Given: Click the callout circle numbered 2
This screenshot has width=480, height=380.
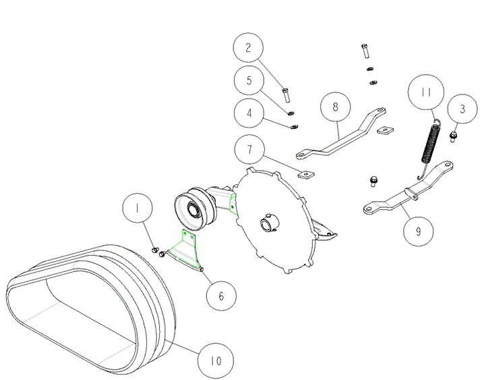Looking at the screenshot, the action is [248, 48].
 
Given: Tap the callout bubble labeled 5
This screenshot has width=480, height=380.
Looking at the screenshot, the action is [249, 80].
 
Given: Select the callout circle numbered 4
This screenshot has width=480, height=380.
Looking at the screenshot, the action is [249, 113].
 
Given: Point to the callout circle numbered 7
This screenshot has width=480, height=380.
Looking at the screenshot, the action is [250, 150].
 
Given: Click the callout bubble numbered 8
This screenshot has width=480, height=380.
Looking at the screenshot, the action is [336, 107].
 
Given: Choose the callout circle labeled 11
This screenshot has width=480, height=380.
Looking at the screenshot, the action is [426, 92].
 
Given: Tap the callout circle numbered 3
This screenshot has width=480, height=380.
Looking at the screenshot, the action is [462, 109].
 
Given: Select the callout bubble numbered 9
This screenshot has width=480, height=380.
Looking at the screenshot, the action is [419, 232].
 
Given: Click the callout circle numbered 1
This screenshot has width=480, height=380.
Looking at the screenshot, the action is [137, 208].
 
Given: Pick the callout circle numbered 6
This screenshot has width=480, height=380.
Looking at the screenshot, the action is [221, 296].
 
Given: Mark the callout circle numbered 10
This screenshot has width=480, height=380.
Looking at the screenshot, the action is [216, 360].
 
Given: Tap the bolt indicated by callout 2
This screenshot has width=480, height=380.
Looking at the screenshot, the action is [286, 95].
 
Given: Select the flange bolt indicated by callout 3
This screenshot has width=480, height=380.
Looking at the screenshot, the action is [453, 136].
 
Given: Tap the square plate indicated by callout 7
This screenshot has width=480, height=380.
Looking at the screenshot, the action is [306, 174].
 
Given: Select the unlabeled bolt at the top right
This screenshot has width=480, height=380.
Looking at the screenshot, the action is [365, 51].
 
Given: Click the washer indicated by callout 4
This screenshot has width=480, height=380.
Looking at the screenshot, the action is [295, 126].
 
